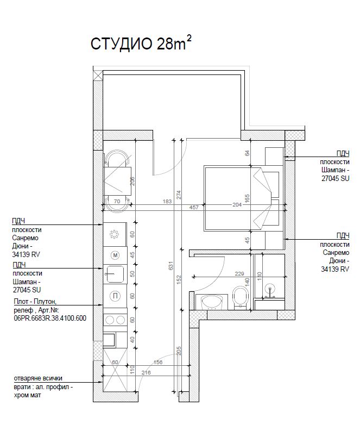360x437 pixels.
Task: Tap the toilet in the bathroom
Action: (x=241, y=298)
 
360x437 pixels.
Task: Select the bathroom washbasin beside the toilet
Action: (x=212, y=302)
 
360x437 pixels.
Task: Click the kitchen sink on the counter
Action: (x=114, y=274)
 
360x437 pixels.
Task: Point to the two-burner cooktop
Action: (x=115, y=320)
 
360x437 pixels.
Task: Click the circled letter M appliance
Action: (x=115, y=255)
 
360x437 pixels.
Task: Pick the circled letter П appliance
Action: (x=115, y=296)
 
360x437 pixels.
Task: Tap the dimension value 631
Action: (x=171, y=265)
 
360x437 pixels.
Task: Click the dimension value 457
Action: (x=194, y=207)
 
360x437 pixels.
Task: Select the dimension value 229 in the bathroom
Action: (x=239, y=274)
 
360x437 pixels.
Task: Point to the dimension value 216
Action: (x=146, y=372)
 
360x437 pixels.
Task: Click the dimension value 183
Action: (x=167, y=201)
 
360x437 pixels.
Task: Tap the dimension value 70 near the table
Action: (x=117, y=201)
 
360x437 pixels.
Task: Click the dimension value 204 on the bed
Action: (x=237, y=204)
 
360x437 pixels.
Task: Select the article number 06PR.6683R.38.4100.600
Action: (x=50, y=318)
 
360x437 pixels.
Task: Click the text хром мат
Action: (x=27, y=395)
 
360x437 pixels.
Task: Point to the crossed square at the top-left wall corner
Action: (x=97, y=76)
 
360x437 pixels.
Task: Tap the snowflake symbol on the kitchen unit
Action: (x=114, y=234)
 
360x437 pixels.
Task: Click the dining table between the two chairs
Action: (x=117, y=181)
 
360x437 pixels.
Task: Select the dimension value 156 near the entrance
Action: (x=158, y=363)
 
